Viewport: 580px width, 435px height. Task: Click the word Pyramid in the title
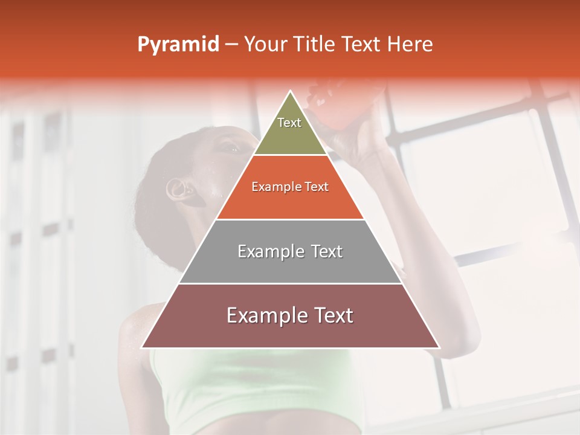coord(178,45)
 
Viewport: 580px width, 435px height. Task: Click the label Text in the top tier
coord(289,123)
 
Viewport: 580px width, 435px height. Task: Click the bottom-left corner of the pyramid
coord(141,348)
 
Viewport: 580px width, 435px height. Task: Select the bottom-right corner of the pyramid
coord(439,348)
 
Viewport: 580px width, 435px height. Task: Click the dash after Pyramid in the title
coord(231,45)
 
